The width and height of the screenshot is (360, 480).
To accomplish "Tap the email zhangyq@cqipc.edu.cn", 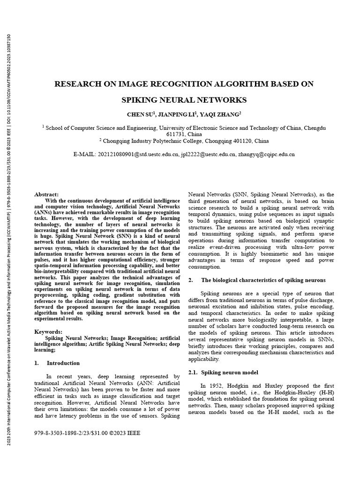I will point(266,154).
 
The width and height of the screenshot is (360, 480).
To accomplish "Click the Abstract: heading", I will point(47,194).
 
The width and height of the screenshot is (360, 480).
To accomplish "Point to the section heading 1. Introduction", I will point(58,363).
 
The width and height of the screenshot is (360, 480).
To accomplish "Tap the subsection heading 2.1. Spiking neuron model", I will point(223,372).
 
